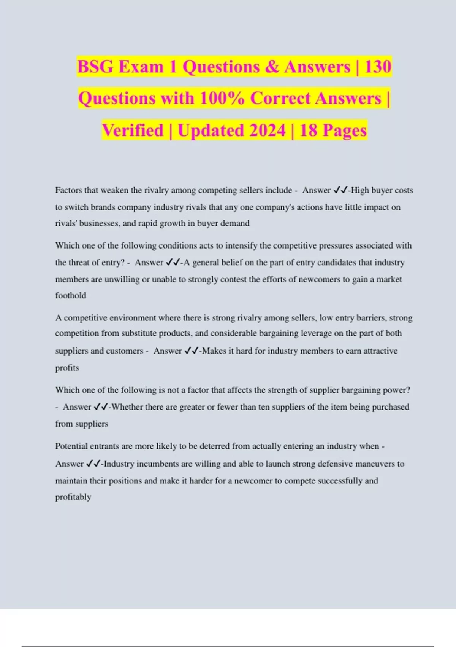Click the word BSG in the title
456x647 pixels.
[95, 67]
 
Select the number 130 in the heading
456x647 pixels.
[377, 67]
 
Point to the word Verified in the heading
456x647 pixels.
[132, 131]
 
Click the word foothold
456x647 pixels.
[71, 295]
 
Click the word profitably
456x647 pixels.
[73, 497]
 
